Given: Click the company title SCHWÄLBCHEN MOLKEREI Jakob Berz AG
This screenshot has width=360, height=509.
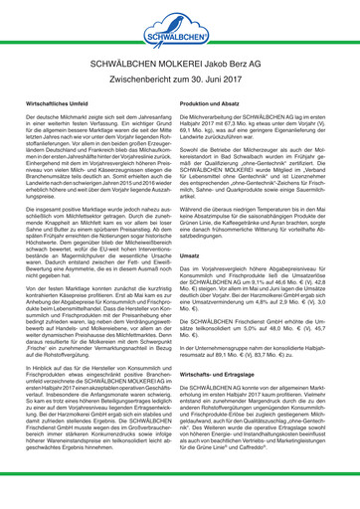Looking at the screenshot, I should (180, 77).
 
